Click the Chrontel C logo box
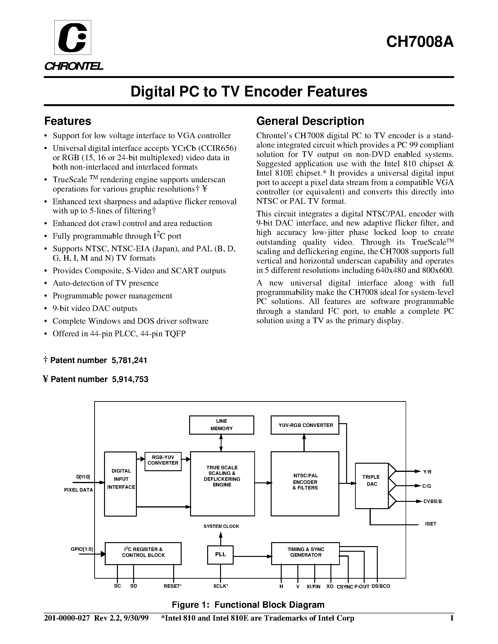(x=73, y=37)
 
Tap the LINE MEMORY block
(x=221, y=425)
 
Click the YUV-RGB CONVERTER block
(x=305, y=425)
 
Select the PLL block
(x=220, y=555)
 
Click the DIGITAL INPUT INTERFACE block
(x=121, y=484)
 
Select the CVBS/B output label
(x=433, y=501)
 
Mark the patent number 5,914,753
(x=130, y=379)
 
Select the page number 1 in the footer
(x=451, y=618)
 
